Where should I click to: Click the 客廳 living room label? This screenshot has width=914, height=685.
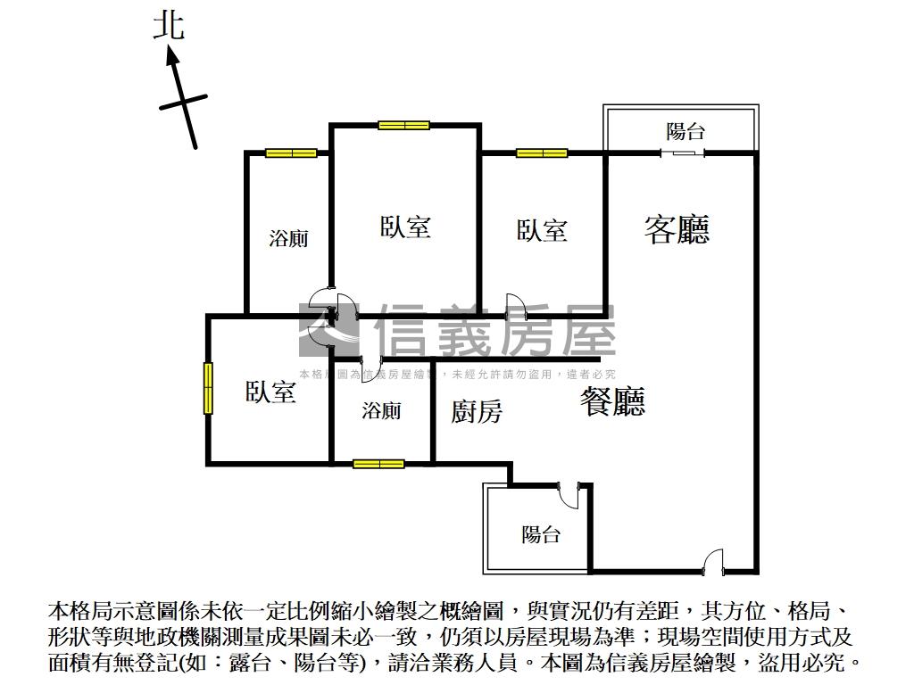point(677,229)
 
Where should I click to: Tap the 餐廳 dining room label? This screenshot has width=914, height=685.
point(612,402)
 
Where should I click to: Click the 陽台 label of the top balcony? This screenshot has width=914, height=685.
point(685,132)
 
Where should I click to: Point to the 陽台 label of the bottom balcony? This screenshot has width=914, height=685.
point(541,534)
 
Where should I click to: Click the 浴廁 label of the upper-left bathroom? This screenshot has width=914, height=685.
point(288,238)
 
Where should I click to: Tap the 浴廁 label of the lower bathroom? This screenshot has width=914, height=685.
point(381,410)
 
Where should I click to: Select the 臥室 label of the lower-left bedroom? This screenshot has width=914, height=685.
point(270,392)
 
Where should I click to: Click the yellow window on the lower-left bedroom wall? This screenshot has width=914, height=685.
point(208,388)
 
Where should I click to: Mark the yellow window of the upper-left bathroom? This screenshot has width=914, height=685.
point(291,153)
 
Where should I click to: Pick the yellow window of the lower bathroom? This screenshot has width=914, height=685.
point(378,464)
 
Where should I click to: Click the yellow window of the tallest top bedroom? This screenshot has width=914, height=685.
point(403,125)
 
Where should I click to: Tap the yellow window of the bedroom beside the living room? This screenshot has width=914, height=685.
point(542,153)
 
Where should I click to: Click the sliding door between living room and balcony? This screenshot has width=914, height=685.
point(683,153)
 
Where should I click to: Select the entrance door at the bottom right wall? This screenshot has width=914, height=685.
point(713,563)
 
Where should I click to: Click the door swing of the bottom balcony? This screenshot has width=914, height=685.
point(569,491)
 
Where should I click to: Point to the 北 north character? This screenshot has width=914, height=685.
point(169,25)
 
